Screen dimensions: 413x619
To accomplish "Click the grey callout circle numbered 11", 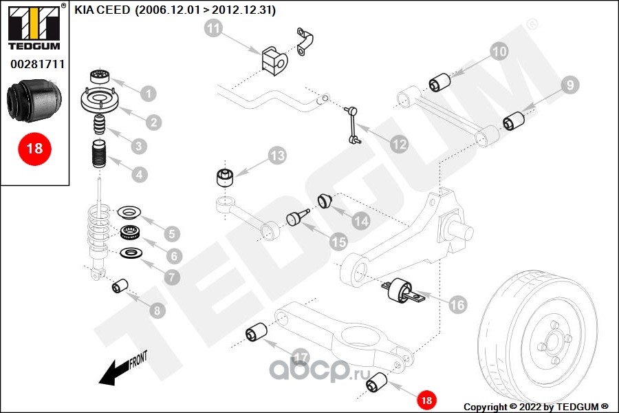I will click(x=214, y=29).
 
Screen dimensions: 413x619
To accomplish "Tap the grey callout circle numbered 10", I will click(x=499, y=50).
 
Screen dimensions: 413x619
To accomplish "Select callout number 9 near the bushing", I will click(x=569, y=85).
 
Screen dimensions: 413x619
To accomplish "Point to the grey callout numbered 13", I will click(x=276, y=156).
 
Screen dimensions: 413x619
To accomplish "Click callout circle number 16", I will click(x=457, y=304).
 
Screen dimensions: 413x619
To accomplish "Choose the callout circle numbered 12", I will click(x=398, y=145).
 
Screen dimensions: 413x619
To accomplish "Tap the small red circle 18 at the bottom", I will click(x=426, y=400).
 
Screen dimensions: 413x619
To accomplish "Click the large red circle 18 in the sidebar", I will click(x=34, y=149).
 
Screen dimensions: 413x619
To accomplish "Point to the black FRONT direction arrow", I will click(x=114, y=372).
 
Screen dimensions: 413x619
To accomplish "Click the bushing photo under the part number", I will click(x=34, y=100).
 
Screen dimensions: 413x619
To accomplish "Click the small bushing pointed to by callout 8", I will click(x=121, y=284).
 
